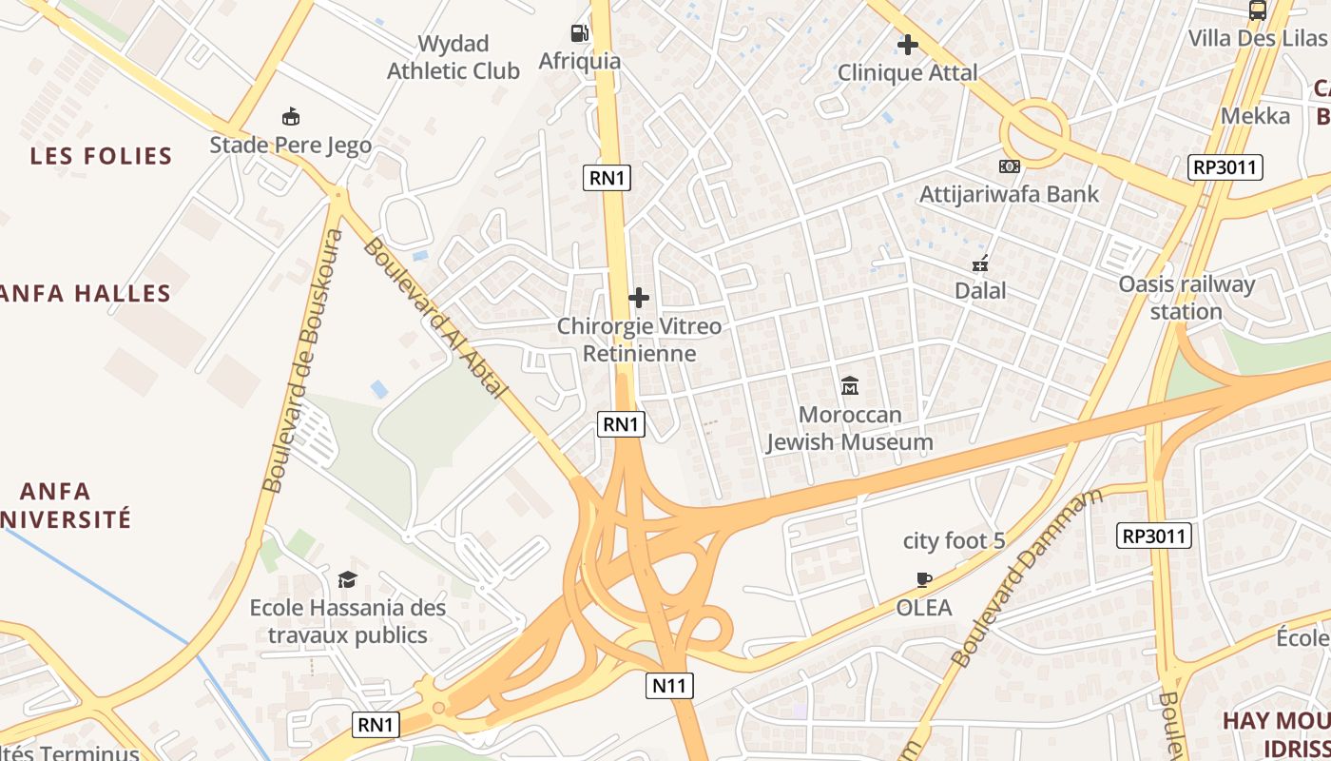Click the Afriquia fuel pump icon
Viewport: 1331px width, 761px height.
[579, 33]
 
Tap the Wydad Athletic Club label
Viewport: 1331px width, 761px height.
[453, 57]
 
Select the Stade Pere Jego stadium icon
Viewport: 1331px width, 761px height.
[291, 117]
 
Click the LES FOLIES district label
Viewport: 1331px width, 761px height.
[101, 156]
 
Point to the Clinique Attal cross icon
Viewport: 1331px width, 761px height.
[907, 44]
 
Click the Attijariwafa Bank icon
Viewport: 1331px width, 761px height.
[1009, 166]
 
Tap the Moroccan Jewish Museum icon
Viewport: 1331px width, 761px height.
[850, 385]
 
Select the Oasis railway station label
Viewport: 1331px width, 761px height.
[1186, 297]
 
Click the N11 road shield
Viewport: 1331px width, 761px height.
[671, 685]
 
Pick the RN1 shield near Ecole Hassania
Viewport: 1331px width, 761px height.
[376, 725]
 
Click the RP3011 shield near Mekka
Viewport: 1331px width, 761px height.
[1225, 167]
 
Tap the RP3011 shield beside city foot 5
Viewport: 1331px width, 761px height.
[1154, 536]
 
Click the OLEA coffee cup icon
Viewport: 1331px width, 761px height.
[923, 578]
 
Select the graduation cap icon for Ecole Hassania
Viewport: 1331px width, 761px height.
[347, 579]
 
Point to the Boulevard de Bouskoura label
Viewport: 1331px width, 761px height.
[303, 361]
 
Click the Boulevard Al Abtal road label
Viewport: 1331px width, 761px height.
[435, 318]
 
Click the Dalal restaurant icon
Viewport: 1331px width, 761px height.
[980, 263]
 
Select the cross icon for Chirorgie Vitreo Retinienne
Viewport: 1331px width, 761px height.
[639, 298]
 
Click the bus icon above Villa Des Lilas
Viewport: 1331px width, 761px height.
[1257, 10]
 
